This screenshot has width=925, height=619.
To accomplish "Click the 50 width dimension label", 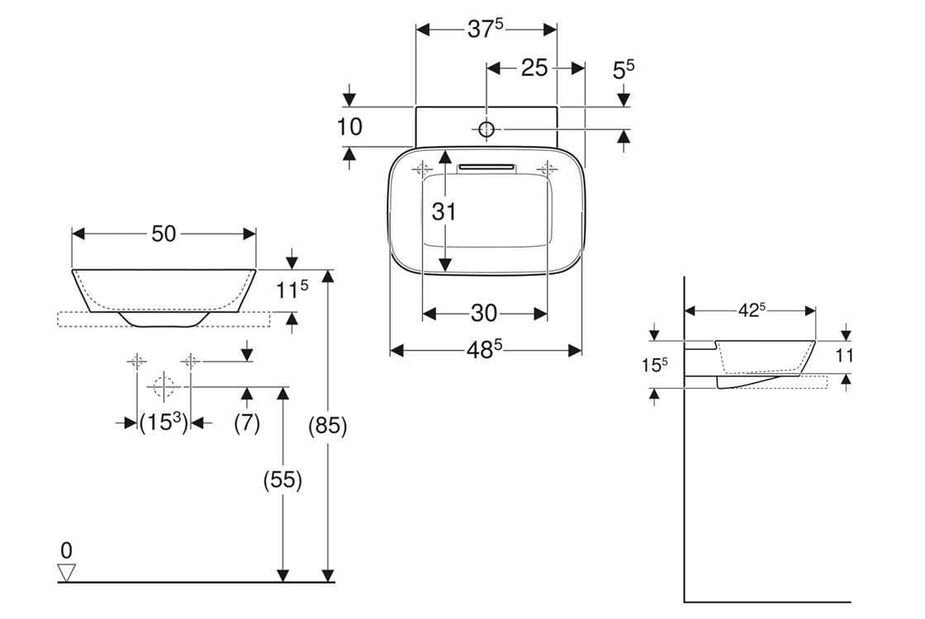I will [164, 234].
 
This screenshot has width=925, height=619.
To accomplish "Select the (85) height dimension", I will [329, 427].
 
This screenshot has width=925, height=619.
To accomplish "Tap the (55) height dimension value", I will [283, 480].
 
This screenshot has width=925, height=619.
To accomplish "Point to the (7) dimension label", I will [247, 423].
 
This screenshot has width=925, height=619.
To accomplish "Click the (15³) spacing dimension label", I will [162, 423].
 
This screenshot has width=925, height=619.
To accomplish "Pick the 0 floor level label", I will [66, 550].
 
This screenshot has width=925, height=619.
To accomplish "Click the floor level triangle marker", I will [67, 572].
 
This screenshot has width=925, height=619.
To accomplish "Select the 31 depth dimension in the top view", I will [444, 211].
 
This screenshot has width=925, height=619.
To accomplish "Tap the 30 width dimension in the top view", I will [484, 313].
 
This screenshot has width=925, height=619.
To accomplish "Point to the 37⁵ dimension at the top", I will [486, 29].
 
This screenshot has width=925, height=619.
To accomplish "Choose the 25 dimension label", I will [534, 68].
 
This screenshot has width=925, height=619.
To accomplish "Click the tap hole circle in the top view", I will [486, 130].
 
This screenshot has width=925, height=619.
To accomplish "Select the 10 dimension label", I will [350, 127].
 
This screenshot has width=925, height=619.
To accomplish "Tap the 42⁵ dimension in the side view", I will [750, 309].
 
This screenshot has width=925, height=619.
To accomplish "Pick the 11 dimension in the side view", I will [843, 356].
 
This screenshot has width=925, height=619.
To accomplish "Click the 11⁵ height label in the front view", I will [292, 290].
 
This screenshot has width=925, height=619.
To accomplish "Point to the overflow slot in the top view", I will [486, 168].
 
